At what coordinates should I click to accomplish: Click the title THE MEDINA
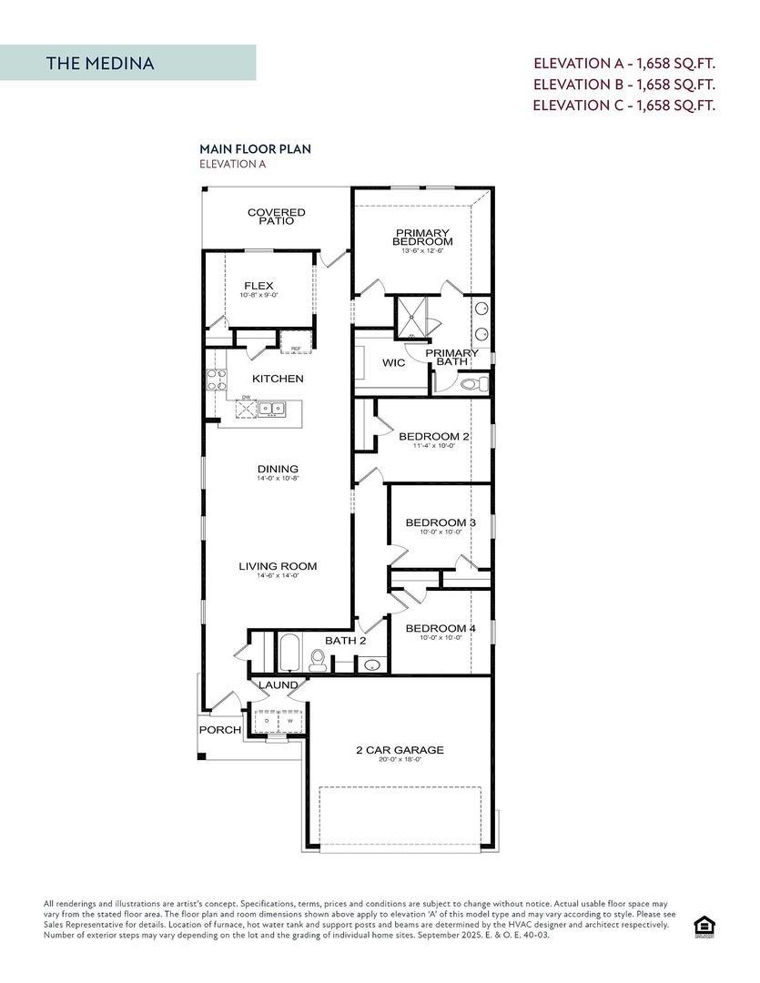coord(100,63)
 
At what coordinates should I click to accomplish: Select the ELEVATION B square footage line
coord(623,84)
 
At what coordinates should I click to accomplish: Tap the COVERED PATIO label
coord(276,217)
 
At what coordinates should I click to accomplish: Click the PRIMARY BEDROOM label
coord(422,237)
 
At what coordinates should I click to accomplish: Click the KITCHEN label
coord(278,379)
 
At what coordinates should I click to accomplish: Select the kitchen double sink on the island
coord(270,409)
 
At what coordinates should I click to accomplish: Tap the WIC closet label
coord(393,363)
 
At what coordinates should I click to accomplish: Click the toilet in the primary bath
coord(472,384)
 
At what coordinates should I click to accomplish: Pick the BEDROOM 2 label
coord(433,437)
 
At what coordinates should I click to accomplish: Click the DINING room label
coord(278,470)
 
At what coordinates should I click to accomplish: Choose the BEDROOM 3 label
coord(441,522)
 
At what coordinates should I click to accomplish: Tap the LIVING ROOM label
coord(278,567)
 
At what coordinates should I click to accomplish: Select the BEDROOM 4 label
coord(441,629)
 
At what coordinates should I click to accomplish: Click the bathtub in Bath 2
coord(289,653)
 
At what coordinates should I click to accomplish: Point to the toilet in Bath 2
coord(318,660)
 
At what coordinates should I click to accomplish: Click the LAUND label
coord(278,685)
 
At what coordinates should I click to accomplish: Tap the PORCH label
coord(220,730)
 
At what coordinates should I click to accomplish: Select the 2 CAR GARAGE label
coord(400,751)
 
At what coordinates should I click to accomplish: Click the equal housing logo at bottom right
coord(704,926)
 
